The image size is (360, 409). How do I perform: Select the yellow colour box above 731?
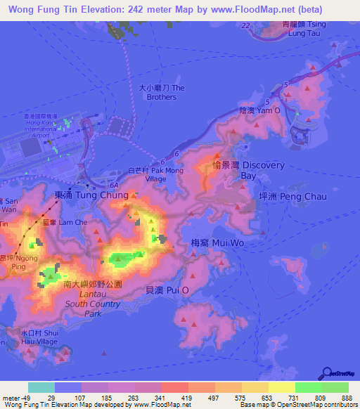click(281, 387)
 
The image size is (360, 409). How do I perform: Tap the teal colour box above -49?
click(41, 387)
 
